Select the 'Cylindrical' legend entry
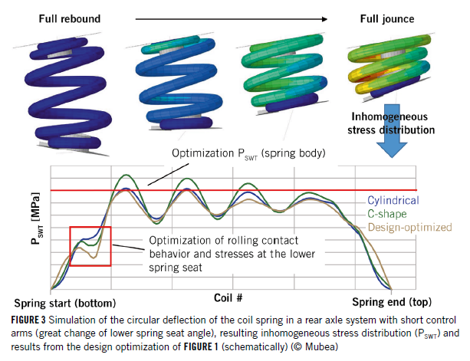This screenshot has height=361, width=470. click(390, 201)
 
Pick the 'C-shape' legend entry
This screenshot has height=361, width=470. click(387, 214)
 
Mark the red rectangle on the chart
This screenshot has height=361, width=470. click(90, 246)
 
